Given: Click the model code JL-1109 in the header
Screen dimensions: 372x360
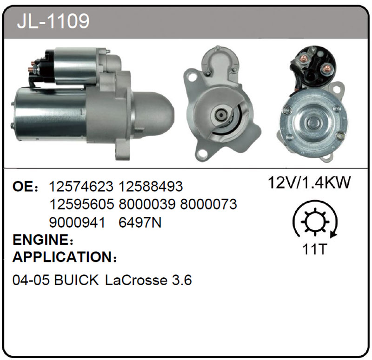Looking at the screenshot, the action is click(x=53, y=21).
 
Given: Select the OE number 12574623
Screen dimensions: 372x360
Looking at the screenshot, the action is click(x=81, y=186).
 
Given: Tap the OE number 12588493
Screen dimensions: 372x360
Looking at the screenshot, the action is click(x=151, y=186).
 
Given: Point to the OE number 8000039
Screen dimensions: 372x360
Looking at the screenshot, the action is click(x=147, y=204).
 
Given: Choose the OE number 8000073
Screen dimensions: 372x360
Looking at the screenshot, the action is click(x=208, y=204).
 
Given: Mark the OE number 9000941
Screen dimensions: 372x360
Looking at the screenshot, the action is click(x=77, y=223).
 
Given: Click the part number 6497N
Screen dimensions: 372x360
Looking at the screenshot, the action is click(x=140, y=223).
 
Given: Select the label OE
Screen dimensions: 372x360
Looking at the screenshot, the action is click(x=22, y=187).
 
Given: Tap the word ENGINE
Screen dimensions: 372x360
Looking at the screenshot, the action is click(x=40, y=240).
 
